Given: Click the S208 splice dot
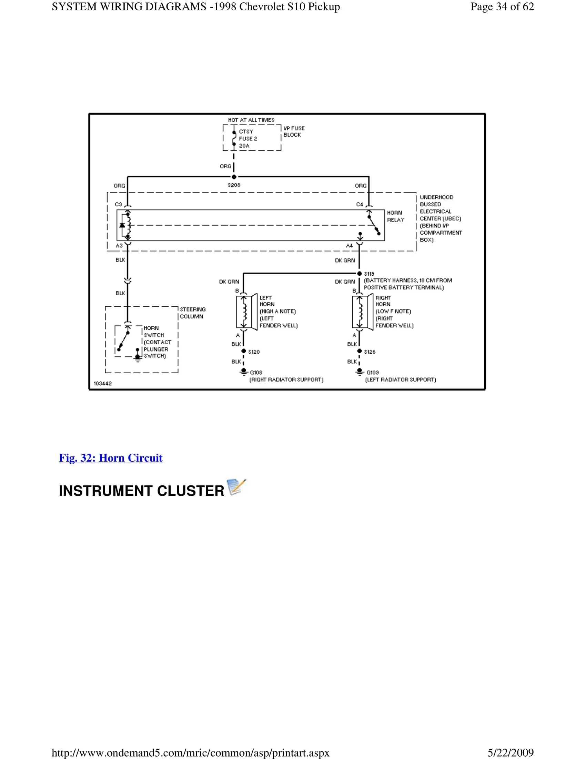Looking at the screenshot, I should tap(234, 177).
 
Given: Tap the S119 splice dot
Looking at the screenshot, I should tap(360, 274).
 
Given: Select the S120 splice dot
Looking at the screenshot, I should tap(244, 351).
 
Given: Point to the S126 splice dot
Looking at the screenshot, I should tap(360, 351).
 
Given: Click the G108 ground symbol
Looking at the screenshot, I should tap(244, 372).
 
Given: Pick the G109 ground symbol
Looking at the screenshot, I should tap(360, 372).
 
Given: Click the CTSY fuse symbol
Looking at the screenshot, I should tap(234, 138).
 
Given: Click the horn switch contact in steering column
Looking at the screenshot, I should tap(124, 341).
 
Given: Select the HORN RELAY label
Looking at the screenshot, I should tap(395, 216).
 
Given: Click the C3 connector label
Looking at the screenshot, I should tap(118, 204).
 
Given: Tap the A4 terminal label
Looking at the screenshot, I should tap(349, 246).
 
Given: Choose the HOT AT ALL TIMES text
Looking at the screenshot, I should tap(251, 120).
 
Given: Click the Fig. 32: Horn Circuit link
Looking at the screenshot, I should tap(111, 458).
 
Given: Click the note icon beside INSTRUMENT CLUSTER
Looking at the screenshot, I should tap(236, 487).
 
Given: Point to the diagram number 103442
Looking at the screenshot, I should tap(103, 383).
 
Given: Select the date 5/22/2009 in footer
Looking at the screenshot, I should tap(510, 753).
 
